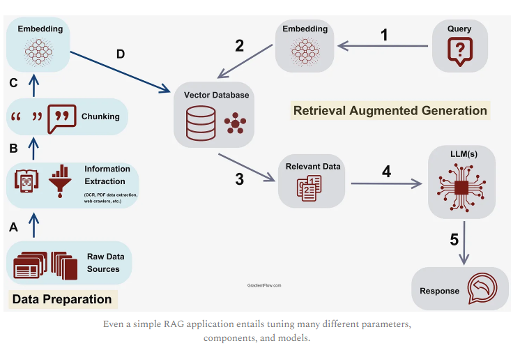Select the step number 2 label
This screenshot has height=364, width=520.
pyautogui.click(x=239, y=46)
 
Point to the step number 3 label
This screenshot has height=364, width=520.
pyautogui.click(x=239, y=179)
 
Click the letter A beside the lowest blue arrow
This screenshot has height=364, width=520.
pyautogui.click(x=13, y=227)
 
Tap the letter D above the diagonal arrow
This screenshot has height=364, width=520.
pyautogui.click(x=121, y=54)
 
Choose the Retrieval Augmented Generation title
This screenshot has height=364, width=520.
pyautogui.click(x=390, y=110)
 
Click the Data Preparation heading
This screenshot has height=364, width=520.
pyautogui.click(x=63, y=299)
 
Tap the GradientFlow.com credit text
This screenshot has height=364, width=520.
pyautogui.click(x=264, y=285)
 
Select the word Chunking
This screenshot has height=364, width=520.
pyautogui.click(x=100, y=116)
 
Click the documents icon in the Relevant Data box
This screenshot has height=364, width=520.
pyautogui.click(x=308, y=188)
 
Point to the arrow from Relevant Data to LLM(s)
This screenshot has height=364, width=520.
pyautogui.click(x=387, y=184)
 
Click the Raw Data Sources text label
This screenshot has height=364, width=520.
pyautogui.click(x=103, y=263)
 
